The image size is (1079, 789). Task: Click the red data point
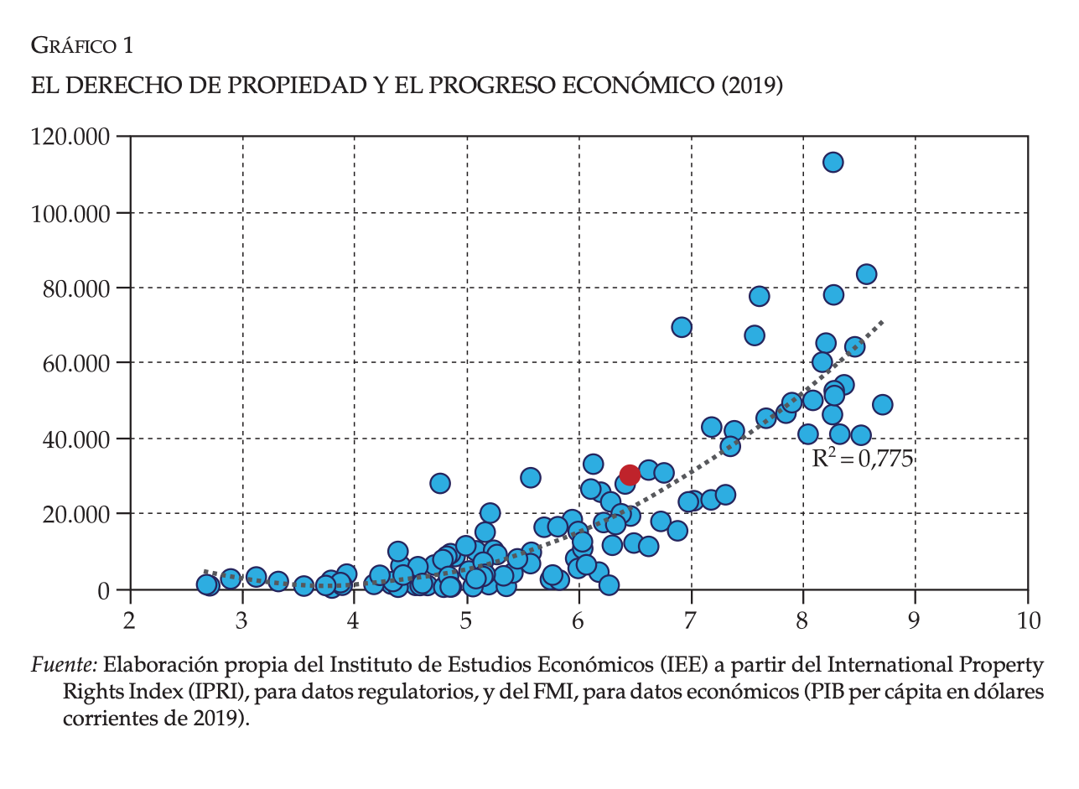[x=630, y=475]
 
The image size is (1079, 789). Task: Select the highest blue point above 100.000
[x=833, y=163]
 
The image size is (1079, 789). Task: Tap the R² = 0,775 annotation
[x=862, y=459]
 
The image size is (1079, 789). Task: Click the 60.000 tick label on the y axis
[x=75, y=363]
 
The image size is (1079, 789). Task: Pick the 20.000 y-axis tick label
[x=75, y=514]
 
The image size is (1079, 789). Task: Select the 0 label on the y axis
[x=104, y=589]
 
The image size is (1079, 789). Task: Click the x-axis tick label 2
[x=130, y=620]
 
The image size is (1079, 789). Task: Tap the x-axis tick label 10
[x=1027, y=620]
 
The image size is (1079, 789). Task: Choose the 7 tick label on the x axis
[x=691, y=620]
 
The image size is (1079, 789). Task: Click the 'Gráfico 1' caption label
[x=81, y=46]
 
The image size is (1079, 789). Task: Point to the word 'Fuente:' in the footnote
[x=65, y=666]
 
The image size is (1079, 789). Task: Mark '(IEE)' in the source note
[x=687, y=666]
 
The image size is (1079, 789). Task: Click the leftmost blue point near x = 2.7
[x=206, y=584]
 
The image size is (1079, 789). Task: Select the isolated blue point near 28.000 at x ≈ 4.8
[x=440, y=483]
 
